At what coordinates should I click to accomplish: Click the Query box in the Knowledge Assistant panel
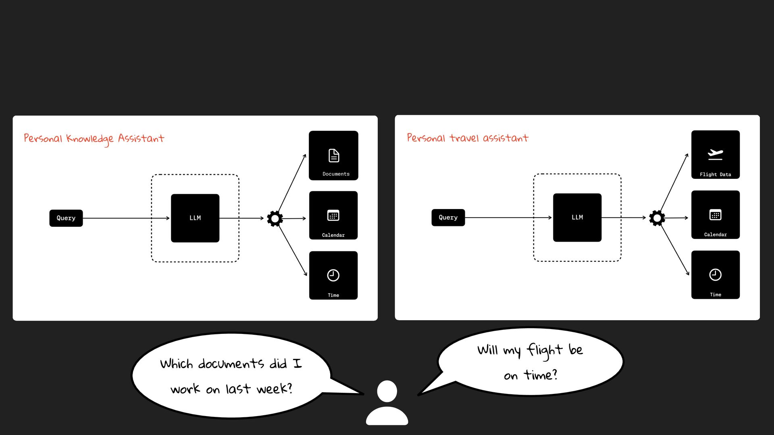66,218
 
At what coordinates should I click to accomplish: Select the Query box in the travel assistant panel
448,217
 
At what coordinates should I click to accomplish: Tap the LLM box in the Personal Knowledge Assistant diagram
195,218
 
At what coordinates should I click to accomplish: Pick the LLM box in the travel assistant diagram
577,217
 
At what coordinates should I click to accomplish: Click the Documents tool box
333,155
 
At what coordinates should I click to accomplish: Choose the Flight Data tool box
715,155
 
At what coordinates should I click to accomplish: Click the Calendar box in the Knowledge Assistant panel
333,215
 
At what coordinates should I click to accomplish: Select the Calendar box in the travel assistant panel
715,215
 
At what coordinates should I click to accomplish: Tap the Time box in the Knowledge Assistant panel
333,275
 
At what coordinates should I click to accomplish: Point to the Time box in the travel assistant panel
715,275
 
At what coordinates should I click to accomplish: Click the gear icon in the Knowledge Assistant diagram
275,219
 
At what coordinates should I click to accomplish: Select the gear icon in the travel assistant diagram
657,218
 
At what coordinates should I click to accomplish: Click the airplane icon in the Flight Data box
715,154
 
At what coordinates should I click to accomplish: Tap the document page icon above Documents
334,155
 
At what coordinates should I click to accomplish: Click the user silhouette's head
387,391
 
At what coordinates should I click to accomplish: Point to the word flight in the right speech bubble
545,350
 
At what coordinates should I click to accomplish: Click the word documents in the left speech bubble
231,364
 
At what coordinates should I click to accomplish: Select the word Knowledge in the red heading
90,139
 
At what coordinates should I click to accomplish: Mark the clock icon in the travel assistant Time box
715,275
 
